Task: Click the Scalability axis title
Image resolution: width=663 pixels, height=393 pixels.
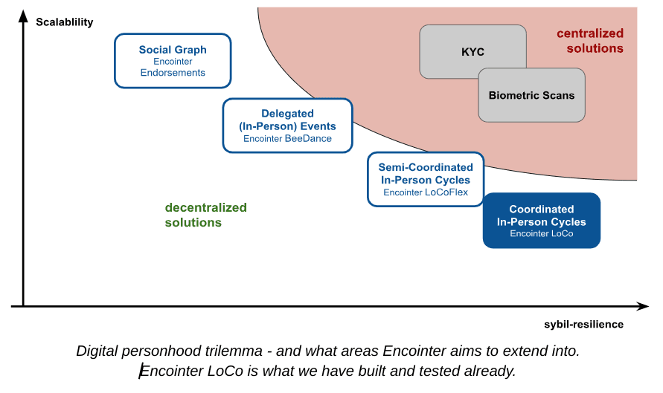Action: click(x=65, y=22)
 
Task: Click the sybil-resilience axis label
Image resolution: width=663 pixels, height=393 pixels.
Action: click(x=583, y=324)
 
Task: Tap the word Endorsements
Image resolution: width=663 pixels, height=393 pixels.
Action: click(x=173, y=73)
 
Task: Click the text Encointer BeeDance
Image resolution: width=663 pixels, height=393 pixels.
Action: click(x=287, y=138)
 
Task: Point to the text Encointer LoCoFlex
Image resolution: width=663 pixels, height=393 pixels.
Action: click(x=426, y=192)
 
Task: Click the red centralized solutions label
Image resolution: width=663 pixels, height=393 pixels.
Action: click(x=591, y=41)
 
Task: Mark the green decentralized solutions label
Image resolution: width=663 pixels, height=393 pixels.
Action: click(x=206, y=215)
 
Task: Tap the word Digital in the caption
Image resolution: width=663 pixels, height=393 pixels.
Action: click(x=96, y=351)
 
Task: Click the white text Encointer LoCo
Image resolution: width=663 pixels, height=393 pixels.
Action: click(x=541, y=233)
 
